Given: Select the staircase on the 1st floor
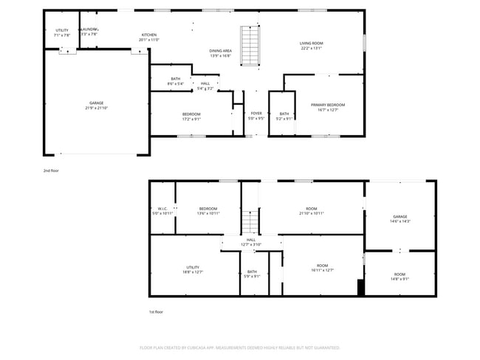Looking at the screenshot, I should tap(250, 220).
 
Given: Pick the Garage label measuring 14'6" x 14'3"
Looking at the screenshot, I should tap(400, 219).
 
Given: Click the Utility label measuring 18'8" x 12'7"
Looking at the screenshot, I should tap(193, 269).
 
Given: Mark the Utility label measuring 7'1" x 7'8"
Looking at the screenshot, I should tap(62, 32).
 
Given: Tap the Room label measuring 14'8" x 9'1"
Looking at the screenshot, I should tap(400, 277).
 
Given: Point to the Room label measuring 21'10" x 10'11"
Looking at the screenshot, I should tap(312, 211).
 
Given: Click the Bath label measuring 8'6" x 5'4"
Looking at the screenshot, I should tap(175, 81).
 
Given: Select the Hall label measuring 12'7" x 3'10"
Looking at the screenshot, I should tap(251, 242).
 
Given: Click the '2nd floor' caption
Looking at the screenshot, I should tap(50, 170).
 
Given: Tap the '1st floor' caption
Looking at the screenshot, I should tap(156, 312).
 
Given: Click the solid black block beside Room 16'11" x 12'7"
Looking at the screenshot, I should tap(360, 288).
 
